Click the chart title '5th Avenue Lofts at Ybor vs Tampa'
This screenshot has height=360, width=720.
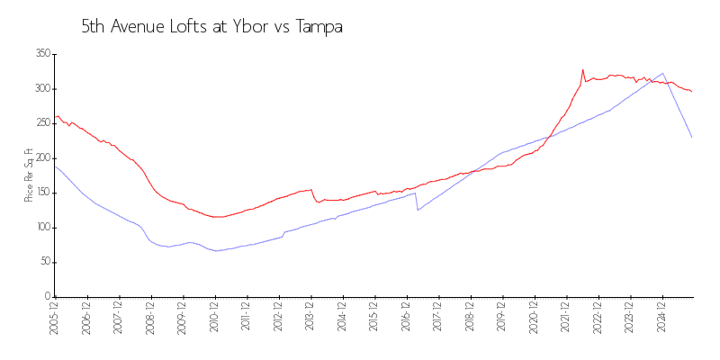click(211, 28)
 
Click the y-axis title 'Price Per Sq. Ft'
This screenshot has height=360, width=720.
click(29, 175)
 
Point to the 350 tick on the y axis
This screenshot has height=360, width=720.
click(41, 54)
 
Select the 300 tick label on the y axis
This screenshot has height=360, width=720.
click(41, 89)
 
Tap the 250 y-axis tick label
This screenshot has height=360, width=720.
click(41, 123)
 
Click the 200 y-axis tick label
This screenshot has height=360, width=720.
click(41, 158)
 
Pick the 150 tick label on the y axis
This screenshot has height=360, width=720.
click(41, 193)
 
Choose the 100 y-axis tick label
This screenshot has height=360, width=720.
click(41, 228)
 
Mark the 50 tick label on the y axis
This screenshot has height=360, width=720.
click(43, 262)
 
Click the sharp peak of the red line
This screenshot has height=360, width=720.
click(582, 69)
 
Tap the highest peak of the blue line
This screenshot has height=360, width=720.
click(663, 73)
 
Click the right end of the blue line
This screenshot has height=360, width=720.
click(692, 138)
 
